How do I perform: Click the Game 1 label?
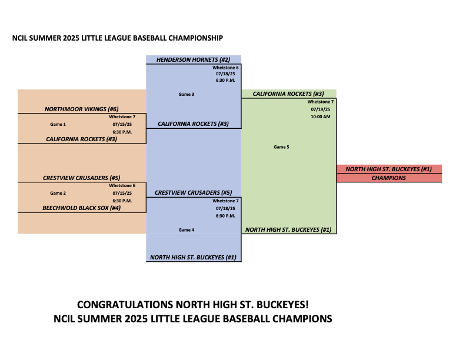pos(58,124)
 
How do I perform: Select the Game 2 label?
pos(58,193)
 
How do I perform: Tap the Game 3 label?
pos(187,94)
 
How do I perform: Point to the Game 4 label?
pos(187,230)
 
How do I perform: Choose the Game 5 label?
pos(281,147)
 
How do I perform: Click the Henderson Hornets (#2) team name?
pos(193,59)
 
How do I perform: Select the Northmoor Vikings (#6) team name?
pos(82,109)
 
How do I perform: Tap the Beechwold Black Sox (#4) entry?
pos(82,208)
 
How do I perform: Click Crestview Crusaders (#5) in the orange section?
pos(82,178)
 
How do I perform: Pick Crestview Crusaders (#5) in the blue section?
pos(193,193)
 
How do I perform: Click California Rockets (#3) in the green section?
pos(288,94)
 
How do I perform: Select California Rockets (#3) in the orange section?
pos(82,139)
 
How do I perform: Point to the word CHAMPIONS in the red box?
pos(389,178)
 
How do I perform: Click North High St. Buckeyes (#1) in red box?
pos(389,169)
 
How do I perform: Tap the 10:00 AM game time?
pos(320,116)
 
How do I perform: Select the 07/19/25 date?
pos(320,109)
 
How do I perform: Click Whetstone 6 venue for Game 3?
pos(225,68)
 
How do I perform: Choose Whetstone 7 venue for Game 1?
pos(122,116)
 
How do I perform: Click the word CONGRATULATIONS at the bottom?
pos(125,305)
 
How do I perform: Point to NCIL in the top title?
pos(19,38)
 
